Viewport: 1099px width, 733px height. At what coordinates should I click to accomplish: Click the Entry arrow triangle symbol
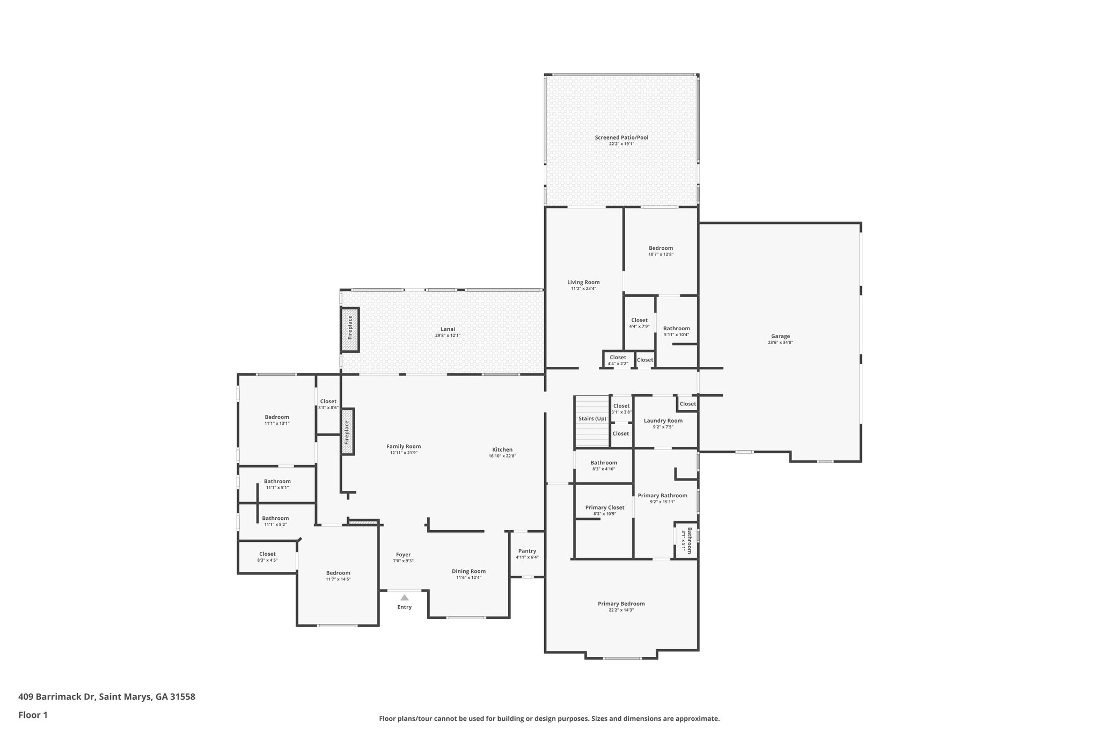click(x=404, y=598)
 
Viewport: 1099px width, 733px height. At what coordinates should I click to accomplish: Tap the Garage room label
click(x=780, y=336)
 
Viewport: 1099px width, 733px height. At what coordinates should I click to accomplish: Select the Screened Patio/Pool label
click(x=621, y=137)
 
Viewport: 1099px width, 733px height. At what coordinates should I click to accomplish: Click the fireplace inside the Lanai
click(x=350, y=330)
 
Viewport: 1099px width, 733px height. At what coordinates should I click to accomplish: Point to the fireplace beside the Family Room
click(x=347, y=432)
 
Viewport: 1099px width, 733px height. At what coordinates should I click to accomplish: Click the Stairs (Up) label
click(x=592, y=418)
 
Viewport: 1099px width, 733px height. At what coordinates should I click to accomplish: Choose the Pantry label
click(x=527, y=551)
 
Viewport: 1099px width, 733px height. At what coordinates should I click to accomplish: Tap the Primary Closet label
click(x=604, y=507)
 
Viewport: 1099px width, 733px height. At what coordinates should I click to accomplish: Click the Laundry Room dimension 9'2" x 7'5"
click(x=663, y=427)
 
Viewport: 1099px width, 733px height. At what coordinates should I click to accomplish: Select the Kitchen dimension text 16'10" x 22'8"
click(x=502, y=456)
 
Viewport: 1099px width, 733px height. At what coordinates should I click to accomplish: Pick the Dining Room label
click(x=468, y=571)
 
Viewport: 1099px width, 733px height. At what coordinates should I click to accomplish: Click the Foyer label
click(x=403, y=555)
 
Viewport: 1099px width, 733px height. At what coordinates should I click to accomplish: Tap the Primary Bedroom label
click(x=621, y=604)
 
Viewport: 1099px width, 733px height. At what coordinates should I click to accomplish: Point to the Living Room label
click(x=583, y=282)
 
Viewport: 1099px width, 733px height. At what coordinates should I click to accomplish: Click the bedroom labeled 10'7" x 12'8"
click(x=661, y=251)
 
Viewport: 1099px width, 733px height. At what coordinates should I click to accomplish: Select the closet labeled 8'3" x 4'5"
click(x=267, y=557)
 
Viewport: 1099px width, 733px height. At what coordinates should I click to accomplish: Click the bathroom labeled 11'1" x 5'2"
click(x=275, y=521)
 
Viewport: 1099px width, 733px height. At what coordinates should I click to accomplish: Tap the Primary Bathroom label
click(x=662, y=496)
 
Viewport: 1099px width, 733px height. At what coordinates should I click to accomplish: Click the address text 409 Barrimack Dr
click(x=57, y=697)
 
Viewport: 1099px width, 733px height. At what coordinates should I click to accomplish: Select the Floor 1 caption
click(x=33, y=715)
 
